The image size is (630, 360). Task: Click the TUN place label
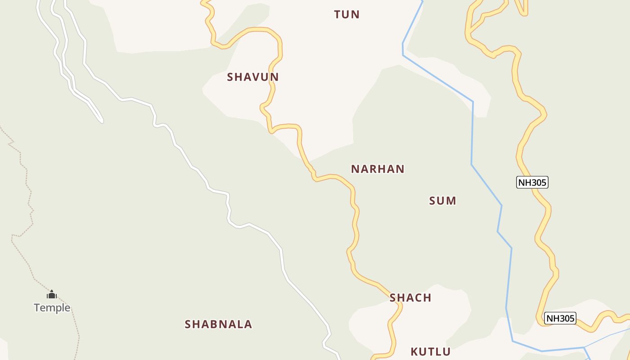click(346, 14)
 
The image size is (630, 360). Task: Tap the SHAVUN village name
click(252, 77)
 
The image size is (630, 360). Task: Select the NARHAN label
click(378, 169)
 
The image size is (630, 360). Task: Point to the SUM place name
click(442, 201)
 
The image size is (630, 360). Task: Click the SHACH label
click(410, 297)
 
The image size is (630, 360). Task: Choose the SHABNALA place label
click(218, 324)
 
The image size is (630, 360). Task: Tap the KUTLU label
click(430, 351)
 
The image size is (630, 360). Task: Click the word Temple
click(52, 308)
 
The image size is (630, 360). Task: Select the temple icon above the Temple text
click(52, 295)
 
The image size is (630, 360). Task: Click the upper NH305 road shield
click(532, 182)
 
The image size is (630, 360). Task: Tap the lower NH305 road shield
click(560, 318)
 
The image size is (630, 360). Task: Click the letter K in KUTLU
click(414, 351)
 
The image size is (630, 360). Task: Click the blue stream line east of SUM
click(472, 135)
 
